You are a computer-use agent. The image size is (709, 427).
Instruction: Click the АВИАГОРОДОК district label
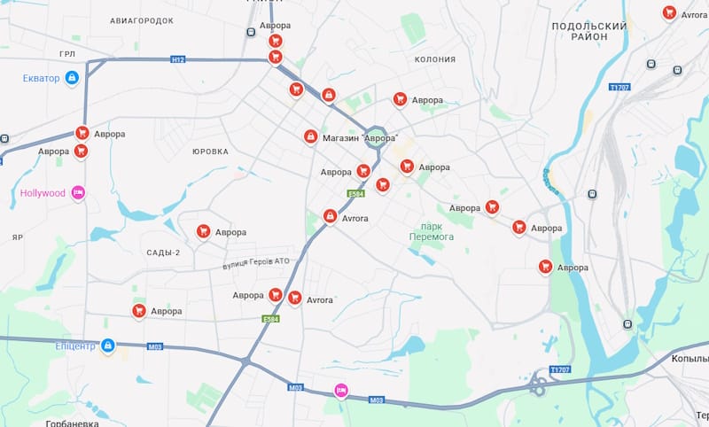[142, 20]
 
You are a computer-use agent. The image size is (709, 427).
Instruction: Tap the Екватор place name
[41, 78]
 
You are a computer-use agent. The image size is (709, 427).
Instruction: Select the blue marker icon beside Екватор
[72, 78]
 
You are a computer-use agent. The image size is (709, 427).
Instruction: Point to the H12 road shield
[178, 59]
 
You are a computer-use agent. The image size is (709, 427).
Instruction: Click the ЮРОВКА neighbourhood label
[210, 151]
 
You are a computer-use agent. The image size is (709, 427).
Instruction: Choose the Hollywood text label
[43, 192]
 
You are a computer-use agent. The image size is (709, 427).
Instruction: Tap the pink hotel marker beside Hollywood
[77, 192]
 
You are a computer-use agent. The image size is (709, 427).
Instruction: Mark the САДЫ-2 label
[163, 252]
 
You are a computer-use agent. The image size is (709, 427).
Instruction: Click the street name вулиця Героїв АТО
[256, 262]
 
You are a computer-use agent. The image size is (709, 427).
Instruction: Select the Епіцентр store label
[75, 345]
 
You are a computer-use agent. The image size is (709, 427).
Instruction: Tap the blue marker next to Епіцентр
[108, 345]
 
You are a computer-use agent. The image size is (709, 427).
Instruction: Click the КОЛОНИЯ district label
[435, 59]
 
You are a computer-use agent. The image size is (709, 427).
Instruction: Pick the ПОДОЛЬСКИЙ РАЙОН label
[588, 31]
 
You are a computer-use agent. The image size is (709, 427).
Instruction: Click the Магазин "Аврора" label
[359, 137]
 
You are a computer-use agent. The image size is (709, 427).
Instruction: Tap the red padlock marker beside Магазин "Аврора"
[310, 136]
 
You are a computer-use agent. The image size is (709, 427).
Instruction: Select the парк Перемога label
[432, 231]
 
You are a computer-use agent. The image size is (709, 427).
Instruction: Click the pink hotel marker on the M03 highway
[340, 390]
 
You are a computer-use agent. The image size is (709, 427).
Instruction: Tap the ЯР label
[18, 237]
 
